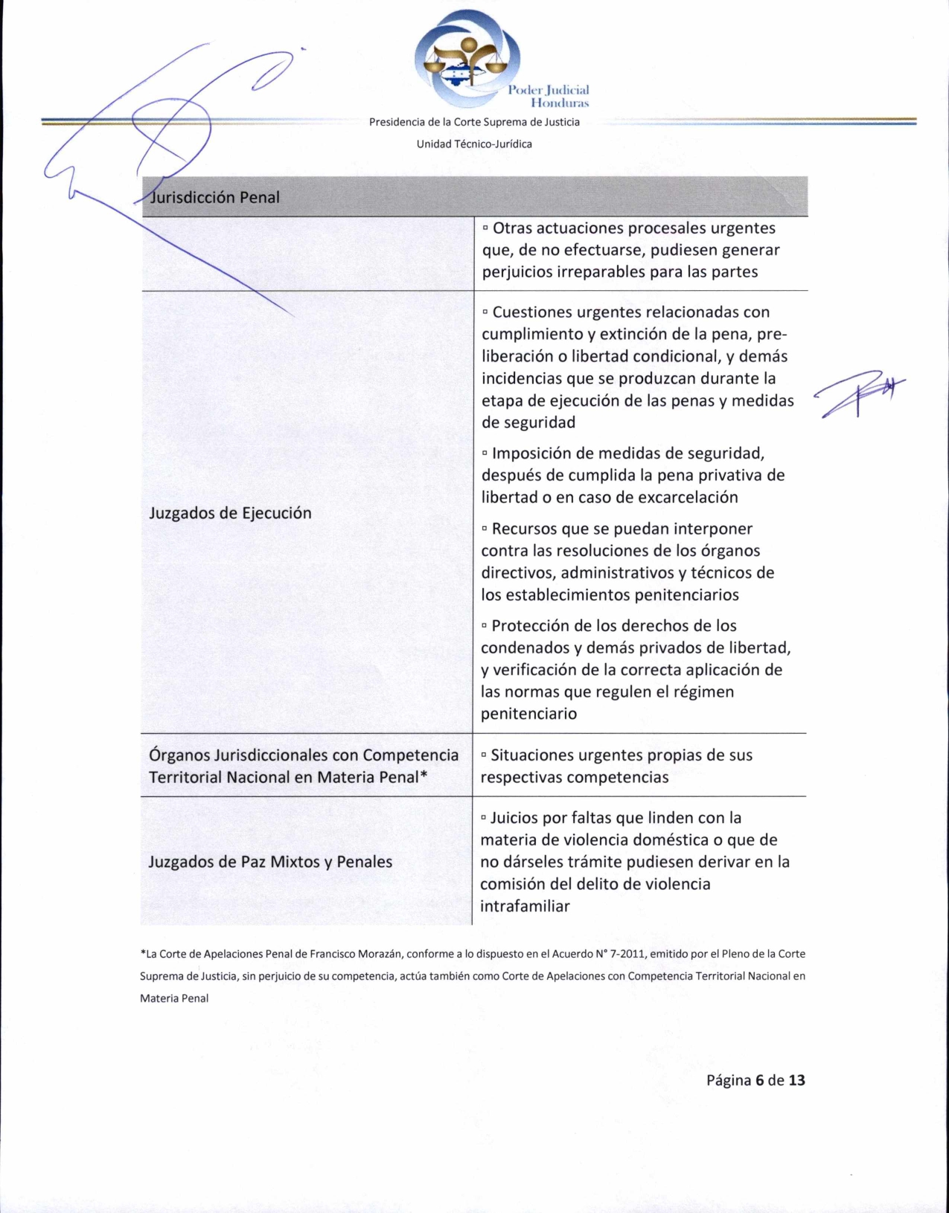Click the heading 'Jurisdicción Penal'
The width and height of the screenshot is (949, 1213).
coord(214,197)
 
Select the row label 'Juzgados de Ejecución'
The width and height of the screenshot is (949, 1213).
coord(230,513)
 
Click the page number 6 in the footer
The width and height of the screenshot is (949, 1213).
coord(759,1080)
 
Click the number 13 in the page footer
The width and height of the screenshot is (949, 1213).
coord(796,1080)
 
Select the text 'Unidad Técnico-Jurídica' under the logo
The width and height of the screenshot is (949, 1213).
coord(474,144)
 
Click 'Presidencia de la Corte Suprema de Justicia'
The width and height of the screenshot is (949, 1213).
coord(474,122)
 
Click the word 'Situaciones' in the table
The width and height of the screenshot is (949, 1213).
coord(534,755)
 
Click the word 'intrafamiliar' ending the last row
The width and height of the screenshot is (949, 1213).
coord(525,906)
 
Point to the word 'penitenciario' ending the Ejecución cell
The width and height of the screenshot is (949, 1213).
coord(528,714)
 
